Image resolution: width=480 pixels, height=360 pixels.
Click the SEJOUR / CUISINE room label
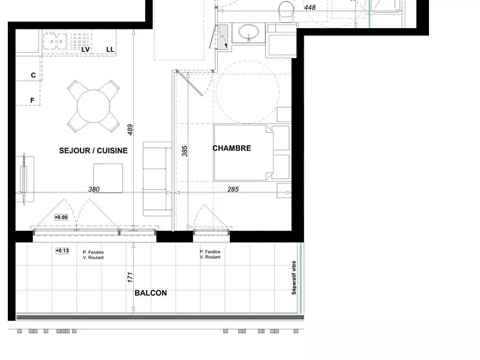93,151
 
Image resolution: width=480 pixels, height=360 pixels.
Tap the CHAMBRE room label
232,148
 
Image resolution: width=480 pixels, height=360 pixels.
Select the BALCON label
151,293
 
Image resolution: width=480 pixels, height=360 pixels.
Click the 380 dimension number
94,189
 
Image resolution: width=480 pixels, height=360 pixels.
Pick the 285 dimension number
233,189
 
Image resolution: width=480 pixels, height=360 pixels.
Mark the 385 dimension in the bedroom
185,151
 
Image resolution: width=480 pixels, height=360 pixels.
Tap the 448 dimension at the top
310,8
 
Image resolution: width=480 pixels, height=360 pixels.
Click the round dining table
93,106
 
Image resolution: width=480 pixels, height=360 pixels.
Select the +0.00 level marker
61,217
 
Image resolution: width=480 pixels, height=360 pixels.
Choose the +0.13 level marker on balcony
62,251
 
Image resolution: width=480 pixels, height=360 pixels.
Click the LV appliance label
85,49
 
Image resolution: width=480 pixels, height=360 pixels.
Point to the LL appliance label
110,49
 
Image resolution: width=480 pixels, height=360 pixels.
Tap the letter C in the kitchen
33,75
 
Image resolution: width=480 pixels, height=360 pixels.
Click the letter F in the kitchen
33,100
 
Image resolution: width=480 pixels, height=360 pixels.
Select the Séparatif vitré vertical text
294,278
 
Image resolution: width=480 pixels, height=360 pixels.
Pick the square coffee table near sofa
108,178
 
